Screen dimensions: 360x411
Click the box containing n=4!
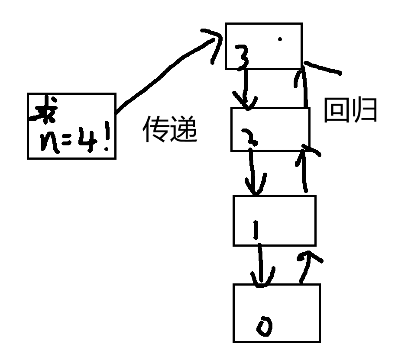(x=71, y=125)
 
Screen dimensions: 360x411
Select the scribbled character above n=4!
(x=44, y=110)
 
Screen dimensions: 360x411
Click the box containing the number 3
(x=263, y=46)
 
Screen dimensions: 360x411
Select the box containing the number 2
(x=270, y=129)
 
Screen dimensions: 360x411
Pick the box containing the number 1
(x=274, y=221)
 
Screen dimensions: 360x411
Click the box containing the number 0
(x=276, y=313)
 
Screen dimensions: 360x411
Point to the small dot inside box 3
(x=280, y=39)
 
